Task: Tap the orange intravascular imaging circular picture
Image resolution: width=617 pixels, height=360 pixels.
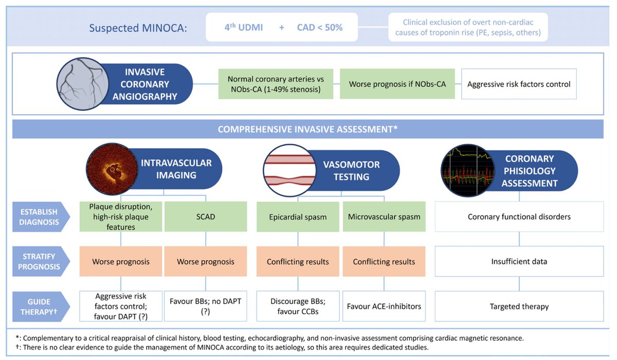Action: tap(110, 168)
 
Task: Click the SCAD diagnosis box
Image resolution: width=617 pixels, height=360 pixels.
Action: tap(205, 217)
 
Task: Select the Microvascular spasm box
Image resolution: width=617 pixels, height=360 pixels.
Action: tap(384, 217)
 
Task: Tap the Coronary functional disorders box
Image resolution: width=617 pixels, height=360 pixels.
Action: tap(519, 217)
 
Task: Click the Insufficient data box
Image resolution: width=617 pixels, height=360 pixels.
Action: tap(519, 261)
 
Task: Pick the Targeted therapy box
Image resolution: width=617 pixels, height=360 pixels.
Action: tap(519, 307)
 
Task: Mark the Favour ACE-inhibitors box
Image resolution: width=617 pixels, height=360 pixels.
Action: tap(384, 307)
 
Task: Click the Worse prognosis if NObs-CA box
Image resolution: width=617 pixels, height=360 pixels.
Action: tap(397, 84)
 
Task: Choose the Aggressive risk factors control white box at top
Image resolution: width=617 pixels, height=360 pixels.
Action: tap(519, 84)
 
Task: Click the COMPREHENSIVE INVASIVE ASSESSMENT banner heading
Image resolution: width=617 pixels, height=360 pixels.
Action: tap(307, 129)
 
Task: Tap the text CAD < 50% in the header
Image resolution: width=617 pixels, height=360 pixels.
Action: tap(319, 27)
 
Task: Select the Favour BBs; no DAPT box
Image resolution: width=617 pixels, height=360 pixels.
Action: tap(205, 307)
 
